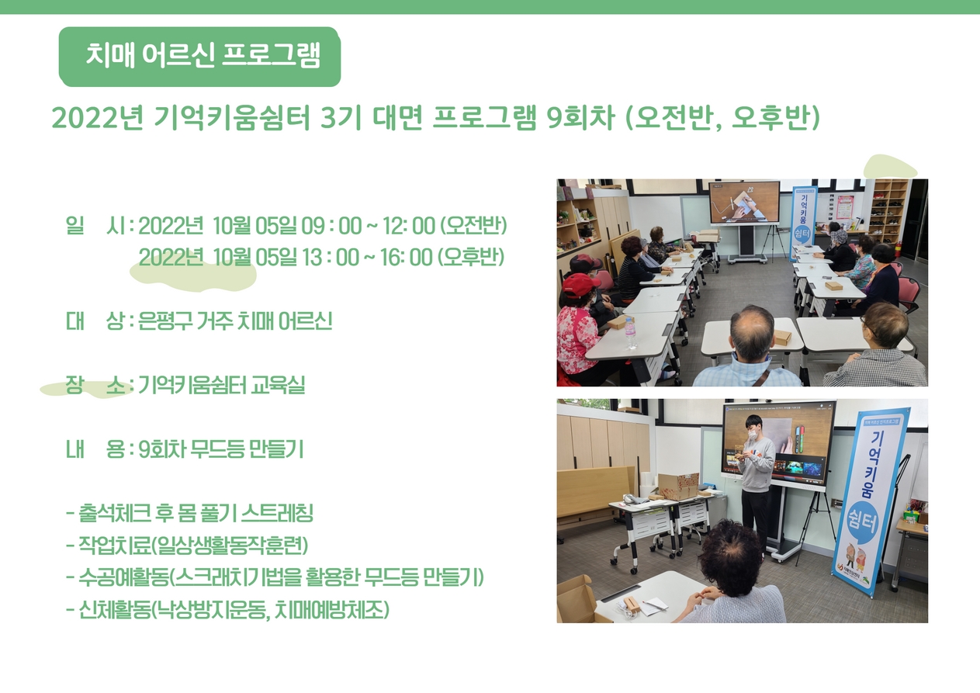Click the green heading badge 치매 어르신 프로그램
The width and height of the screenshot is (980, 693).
click(x=199, y=57)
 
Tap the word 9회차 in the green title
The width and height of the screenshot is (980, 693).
click(x=580, y=118)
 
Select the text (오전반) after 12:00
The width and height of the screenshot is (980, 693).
click(x=473, y=226)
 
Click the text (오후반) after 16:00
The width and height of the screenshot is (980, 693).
click(x=471, y=257)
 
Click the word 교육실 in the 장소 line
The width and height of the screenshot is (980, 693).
click(x=277, y=385)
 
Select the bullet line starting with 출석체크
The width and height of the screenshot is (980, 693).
click(x=190, y=513)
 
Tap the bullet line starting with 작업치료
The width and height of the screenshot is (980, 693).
click(x=187, y=545)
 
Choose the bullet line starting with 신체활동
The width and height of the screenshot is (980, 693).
click(x=227, y=610)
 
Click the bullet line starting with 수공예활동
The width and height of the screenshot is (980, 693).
click(x=275, y=577)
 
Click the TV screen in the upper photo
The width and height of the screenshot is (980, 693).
click(x=744, y=203)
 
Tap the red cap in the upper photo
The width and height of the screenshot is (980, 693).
click(x=580, y=285)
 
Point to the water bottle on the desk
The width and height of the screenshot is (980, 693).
click(x=630, y=333)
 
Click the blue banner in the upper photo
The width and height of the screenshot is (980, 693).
click(x=804, y=224)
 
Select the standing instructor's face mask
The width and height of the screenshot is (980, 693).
click(x=752, y=435)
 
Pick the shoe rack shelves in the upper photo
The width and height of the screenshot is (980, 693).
click(x=888, y=211)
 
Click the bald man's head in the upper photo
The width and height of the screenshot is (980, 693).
click(x=752, y=331)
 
